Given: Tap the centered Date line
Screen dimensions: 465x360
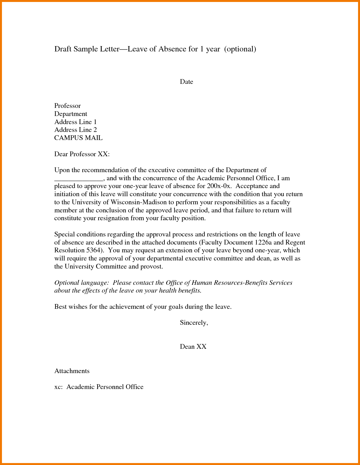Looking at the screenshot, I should pos(186,82).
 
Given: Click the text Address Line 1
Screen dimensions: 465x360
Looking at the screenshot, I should pos(75,122).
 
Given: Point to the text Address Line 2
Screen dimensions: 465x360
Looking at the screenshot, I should pos(75,130).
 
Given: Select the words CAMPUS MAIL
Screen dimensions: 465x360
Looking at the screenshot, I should pos(78,138).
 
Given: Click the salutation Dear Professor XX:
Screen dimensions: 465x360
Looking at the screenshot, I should pos(82,154).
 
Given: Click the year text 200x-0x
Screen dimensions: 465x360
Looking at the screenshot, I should pos(219,186).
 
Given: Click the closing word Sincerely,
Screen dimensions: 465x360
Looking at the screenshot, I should pos(194,323).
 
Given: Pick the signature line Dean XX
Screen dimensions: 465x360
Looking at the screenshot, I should pos(193,347).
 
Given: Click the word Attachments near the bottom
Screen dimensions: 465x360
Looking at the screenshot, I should pos(72,371).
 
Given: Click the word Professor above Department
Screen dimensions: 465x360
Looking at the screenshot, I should pos(67,106).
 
